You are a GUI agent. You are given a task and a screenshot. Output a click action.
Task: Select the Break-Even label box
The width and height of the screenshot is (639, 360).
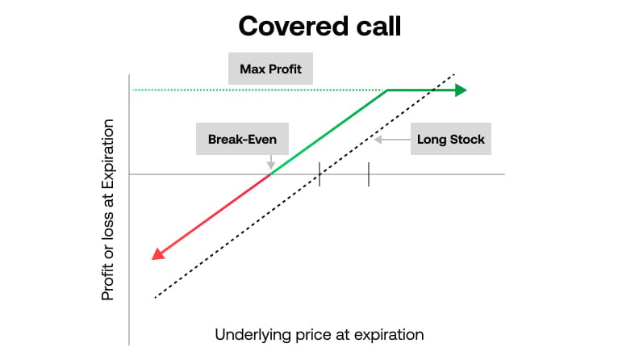pos(242,139)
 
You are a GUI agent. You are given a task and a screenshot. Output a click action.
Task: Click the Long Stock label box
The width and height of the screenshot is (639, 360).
pos(450,139)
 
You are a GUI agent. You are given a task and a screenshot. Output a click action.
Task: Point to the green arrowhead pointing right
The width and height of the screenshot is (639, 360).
pos(460,90)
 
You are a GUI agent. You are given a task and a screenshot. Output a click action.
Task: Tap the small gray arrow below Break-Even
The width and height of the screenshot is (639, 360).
pos(270,162)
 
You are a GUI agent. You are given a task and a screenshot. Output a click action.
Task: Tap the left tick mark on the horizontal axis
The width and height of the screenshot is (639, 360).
pos(319,174)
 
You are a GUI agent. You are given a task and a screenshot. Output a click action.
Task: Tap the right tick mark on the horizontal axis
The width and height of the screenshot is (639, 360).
pos(369,174)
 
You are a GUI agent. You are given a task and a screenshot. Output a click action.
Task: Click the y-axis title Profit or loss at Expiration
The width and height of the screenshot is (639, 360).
pos(108,209)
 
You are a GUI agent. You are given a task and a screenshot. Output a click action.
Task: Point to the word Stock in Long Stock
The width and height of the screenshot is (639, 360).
pos(467,139)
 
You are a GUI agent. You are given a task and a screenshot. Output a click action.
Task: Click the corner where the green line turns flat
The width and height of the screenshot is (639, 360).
pos(387,90)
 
